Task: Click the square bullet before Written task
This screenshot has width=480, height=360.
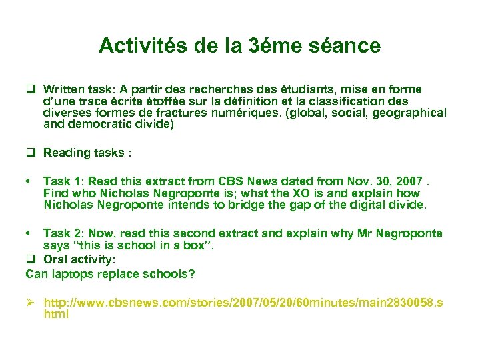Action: click(31, 89)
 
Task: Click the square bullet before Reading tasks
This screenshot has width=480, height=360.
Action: click(31, 153)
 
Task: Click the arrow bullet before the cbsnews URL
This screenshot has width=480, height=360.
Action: click(31, 303)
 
